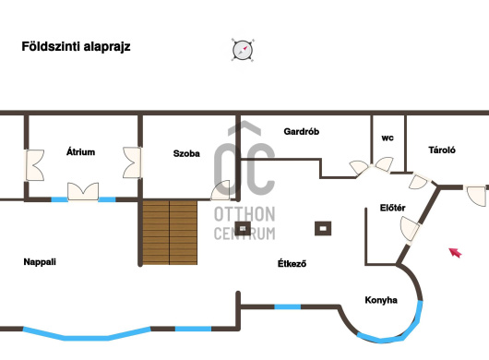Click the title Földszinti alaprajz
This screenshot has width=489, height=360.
(x=76, y=47)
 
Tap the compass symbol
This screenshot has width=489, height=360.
(x=243, y=50)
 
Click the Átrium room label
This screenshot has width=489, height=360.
(x=80, y=152)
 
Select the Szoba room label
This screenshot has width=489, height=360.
(x=186, y=153)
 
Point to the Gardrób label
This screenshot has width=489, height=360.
(x=302, y=132)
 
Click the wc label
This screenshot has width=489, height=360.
(x=388, y=138)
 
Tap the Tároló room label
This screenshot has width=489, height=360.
(x=442, y=150)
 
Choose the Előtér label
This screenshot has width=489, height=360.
(x=393, y=208)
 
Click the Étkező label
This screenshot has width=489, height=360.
(x=292, y=264)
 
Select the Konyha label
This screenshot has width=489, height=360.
(x=381, y=300)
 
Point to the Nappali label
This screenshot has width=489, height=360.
(x=40, y=262)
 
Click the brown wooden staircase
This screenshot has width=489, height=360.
(x=170, y=233)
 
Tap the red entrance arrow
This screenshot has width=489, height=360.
(x=455, y=252)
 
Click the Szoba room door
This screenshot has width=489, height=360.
(x=221, y=190)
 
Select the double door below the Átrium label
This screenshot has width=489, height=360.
(x=83, y=191)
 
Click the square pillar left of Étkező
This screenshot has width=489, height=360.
(x=243, y=229)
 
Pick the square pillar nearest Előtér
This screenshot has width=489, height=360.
(x=323, y=229)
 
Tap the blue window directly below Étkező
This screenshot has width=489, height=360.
(x=288, y=307)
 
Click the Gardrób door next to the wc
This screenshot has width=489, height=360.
(x=359, y=167)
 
